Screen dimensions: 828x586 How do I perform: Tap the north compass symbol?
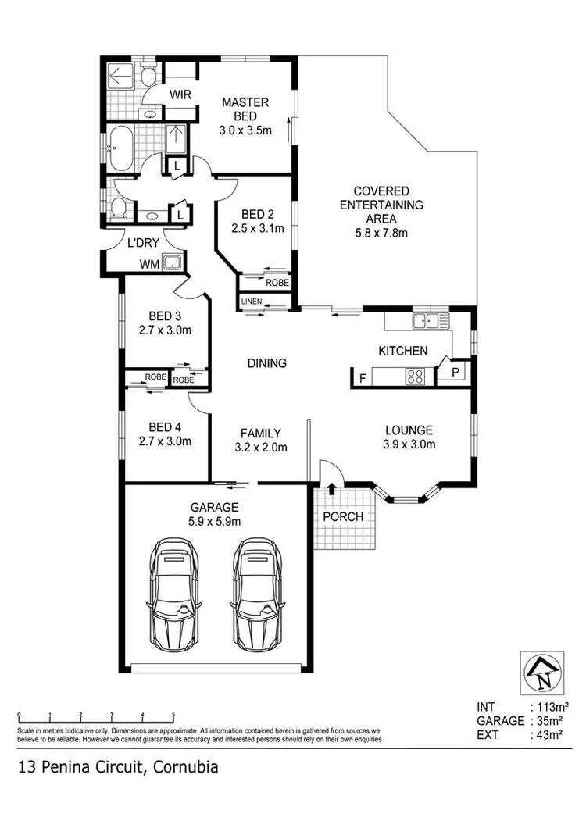tap(541, 672)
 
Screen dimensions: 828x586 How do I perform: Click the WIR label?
tap(181, 95)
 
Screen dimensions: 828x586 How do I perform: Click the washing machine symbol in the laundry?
tap(172, 263)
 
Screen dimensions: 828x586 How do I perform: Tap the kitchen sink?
tap(431, 319)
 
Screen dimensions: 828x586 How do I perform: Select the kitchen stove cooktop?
tap(415, 377)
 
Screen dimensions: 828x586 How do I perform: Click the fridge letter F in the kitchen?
tap(361, 378)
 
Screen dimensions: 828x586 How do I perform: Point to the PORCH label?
tap(343, 516)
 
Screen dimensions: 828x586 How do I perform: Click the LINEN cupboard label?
tap(252, 302)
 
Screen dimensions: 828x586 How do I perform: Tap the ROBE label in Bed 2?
tap(277, 283)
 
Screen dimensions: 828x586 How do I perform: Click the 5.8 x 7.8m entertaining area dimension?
tap(381, 232)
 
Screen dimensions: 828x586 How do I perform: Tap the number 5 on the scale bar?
tap(173, 716)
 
